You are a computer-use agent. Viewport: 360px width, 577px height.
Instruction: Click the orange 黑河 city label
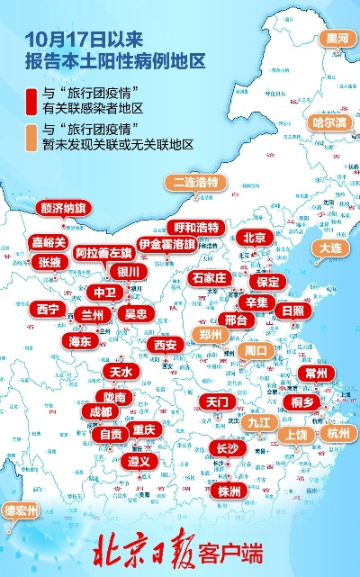(x=337, y=39)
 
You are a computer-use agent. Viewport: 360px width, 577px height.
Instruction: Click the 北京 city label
(x=254, y=238)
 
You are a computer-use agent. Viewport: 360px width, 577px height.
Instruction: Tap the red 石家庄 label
(x=211, y=278)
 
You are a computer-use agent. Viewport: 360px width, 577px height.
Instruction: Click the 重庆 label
(x=144, y=429)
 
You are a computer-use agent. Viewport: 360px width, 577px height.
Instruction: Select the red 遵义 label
(x=137, y=460)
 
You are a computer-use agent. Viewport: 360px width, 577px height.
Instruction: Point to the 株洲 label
(x=229, y=491)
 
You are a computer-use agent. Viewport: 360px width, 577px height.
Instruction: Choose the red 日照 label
(x=292, y=311)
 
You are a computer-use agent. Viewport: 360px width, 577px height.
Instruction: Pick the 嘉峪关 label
(x=49, y=243)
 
